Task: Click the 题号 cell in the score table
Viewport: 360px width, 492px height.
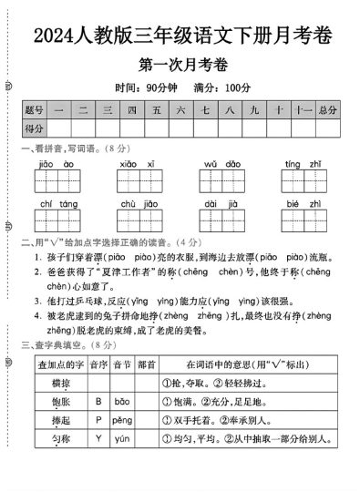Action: [34, 110]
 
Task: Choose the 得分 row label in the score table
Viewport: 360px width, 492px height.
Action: [34, 128]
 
